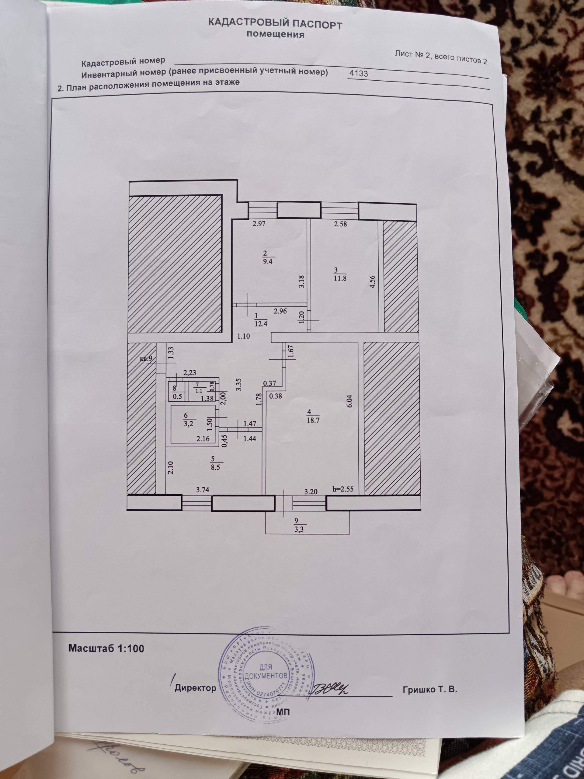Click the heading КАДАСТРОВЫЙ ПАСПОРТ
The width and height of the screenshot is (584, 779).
275,24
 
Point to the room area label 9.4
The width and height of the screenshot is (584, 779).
270,262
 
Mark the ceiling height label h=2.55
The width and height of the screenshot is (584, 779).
343,489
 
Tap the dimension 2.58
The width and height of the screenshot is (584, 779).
340,223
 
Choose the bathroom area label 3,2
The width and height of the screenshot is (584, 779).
188,424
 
